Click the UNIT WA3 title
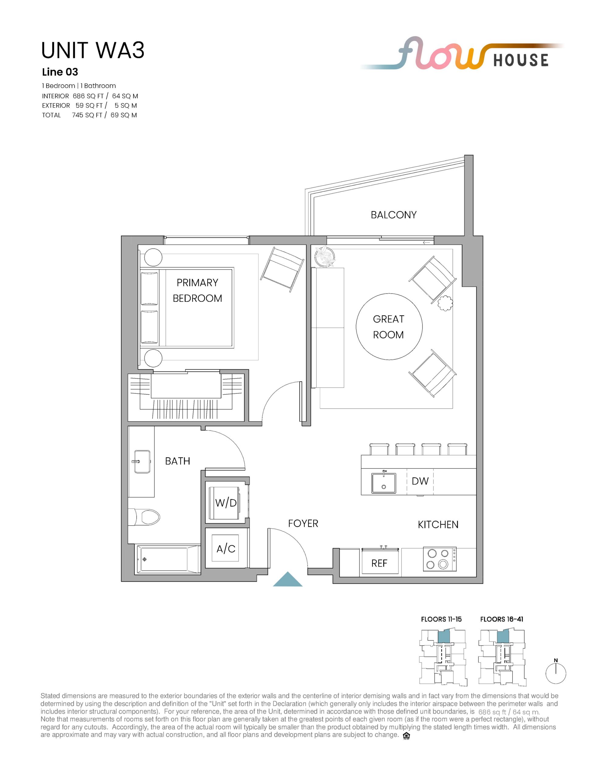pos(93,50)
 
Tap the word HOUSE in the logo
pos(521,60)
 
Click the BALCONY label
pos(394,215)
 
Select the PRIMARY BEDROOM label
pos(197,290)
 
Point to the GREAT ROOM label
pos(389,327)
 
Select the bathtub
pos(167,559)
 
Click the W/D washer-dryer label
pos(226,503)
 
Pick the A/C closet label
pos(226,549)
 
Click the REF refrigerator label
pos(379,563)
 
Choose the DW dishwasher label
pos(420,481)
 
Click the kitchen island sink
pos(384,483)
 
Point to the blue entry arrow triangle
pos(288,579)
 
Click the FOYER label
pos(303,523)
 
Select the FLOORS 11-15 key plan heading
pos(441,619)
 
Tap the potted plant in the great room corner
pos(325,257)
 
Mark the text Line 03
pos(60,72)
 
